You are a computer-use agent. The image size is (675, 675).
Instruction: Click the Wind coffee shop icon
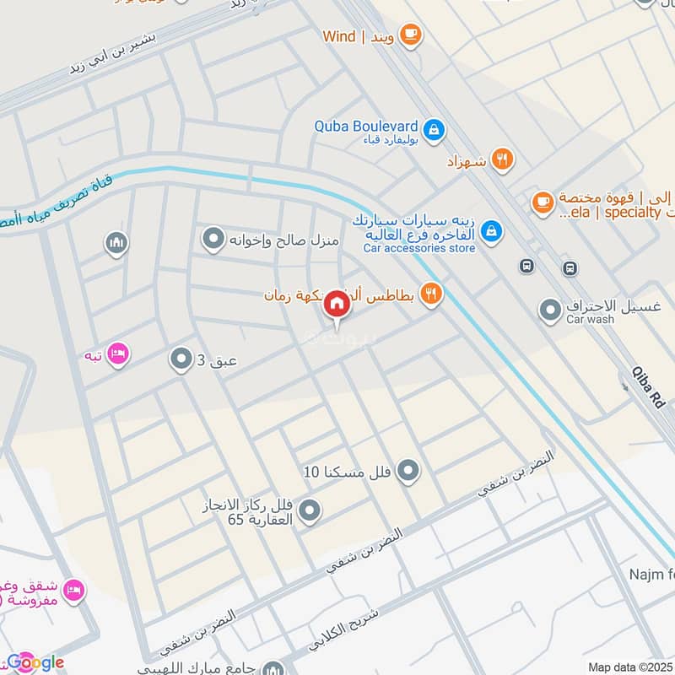pos(411,35)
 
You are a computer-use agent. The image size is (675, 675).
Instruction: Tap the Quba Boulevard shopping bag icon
pos(435,130)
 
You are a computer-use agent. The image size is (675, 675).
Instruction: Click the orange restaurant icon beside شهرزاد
pos(503,159)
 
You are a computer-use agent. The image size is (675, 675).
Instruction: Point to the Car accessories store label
pos(419,249)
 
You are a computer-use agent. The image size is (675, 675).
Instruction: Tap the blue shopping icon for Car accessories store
pos(493,230)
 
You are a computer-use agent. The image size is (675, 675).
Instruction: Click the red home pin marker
pos(337,304)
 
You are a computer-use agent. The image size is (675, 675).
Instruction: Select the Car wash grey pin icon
pos(551,311)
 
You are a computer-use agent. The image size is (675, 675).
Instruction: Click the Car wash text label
pos(590,321)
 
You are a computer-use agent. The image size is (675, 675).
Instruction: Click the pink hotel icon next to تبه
pos(119,354)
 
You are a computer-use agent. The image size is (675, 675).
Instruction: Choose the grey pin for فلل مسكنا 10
pos(408,471)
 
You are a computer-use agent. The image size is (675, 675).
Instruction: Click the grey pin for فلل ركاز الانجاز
pos(310,510)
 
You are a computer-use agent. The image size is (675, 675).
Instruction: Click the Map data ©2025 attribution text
pos(629,667)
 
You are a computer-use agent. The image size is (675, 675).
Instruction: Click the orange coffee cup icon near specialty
pos(543,202)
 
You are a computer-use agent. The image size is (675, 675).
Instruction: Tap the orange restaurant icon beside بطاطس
pos(431,294)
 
